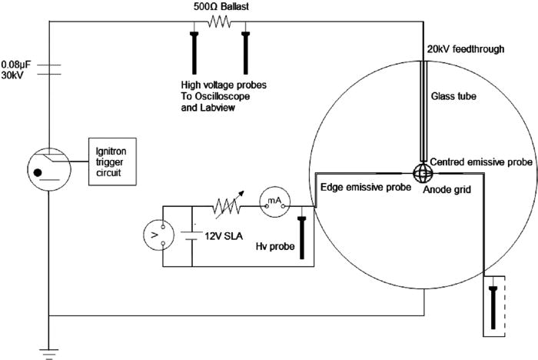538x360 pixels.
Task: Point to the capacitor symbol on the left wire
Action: point(49,70)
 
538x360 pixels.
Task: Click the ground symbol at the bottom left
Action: point(49,351)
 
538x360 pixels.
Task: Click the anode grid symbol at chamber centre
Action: point(423,172)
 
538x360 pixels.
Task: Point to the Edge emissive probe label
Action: point(357,187)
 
